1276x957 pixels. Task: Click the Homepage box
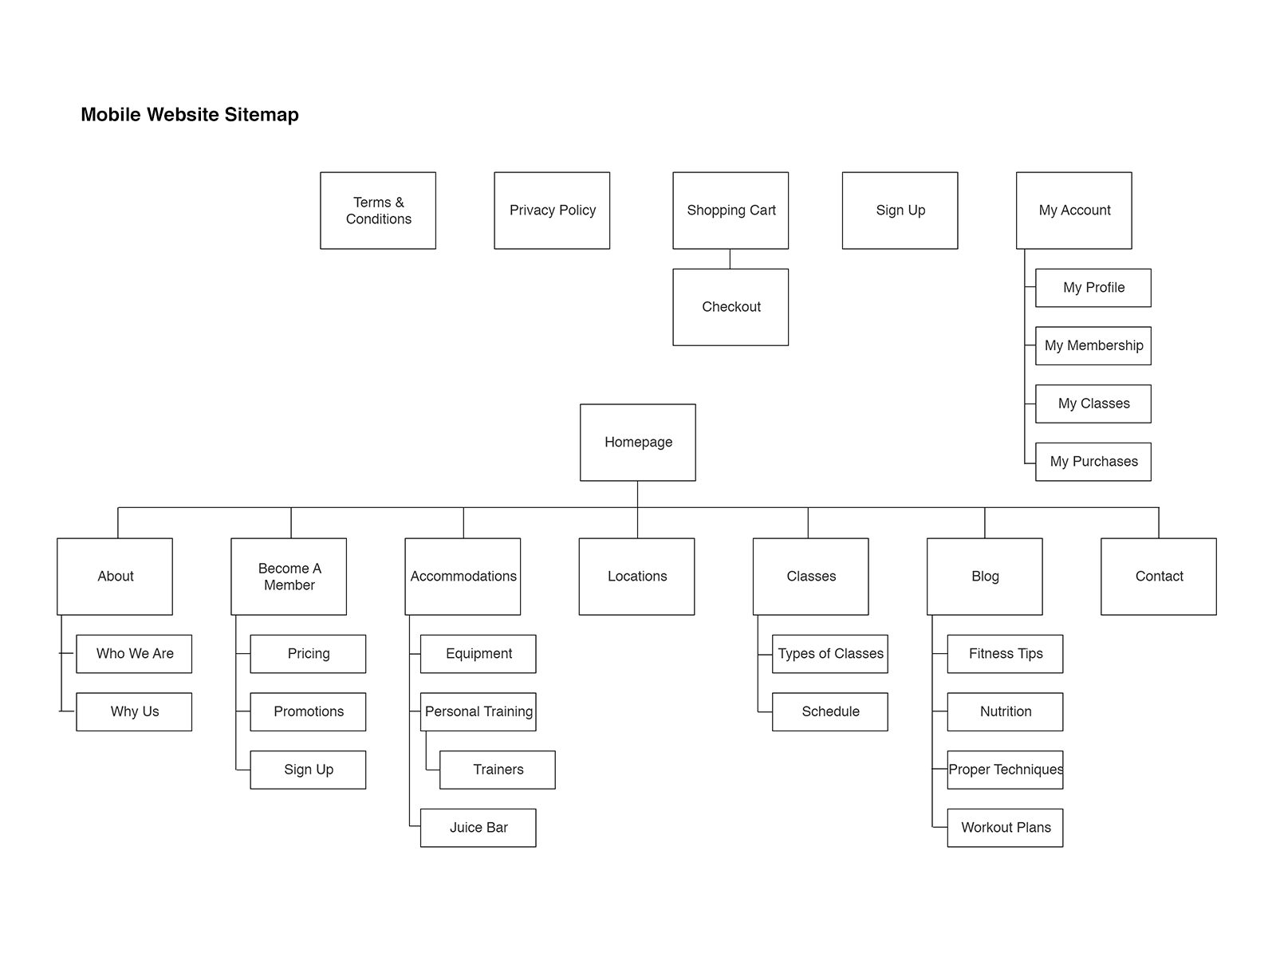coord(638,442)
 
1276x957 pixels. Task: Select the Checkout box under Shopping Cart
coord(731,307)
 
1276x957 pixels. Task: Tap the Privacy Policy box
coord(552,211)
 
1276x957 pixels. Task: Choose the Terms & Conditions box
coord(378,211)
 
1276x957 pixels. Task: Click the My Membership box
coord(1093,346)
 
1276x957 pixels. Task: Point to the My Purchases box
coord(1093,462)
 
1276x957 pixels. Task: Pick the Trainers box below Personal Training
coord(497,770)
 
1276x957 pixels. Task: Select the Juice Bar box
coord(478,828)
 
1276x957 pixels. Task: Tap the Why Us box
coord(134,712)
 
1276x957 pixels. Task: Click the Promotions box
coord(308,712)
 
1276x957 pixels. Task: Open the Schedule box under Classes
coord(830,712)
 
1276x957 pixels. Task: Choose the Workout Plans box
coord(1005,828)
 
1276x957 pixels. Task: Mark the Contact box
coord(1159,577)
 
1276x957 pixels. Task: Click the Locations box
coord(636,577)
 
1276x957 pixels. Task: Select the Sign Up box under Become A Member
coord(308,770)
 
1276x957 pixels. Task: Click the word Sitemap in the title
coord(262,115)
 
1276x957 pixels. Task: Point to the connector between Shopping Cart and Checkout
coord(731,259)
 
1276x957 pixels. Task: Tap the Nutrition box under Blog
coord(1005,712)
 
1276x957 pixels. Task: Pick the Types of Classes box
coord(830,654)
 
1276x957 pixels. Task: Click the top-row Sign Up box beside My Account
coord(900,211)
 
